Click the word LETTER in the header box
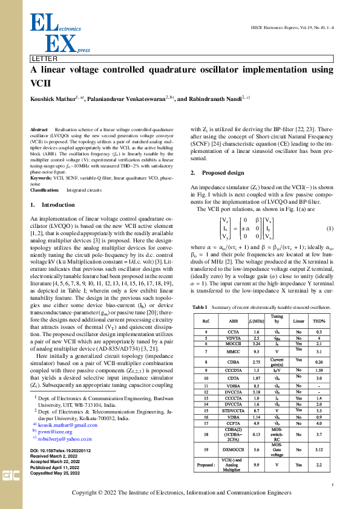coord(45,59)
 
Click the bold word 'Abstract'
coord(39,130)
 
